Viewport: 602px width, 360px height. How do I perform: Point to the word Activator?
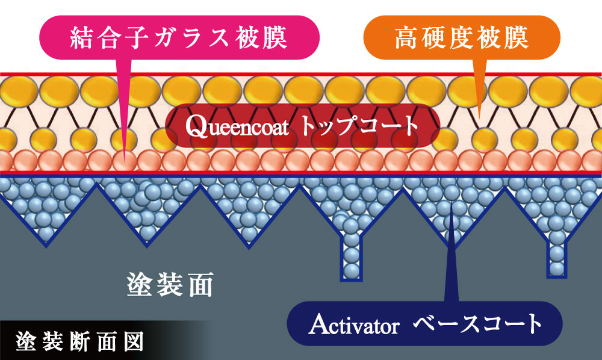pos(353,325)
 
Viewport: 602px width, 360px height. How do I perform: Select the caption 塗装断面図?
pos(79,341)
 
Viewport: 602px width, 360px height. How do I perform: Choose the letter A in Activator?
pos(317,325)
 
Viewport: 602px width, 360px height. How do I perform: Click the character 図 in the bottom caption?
pos(133,341)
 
